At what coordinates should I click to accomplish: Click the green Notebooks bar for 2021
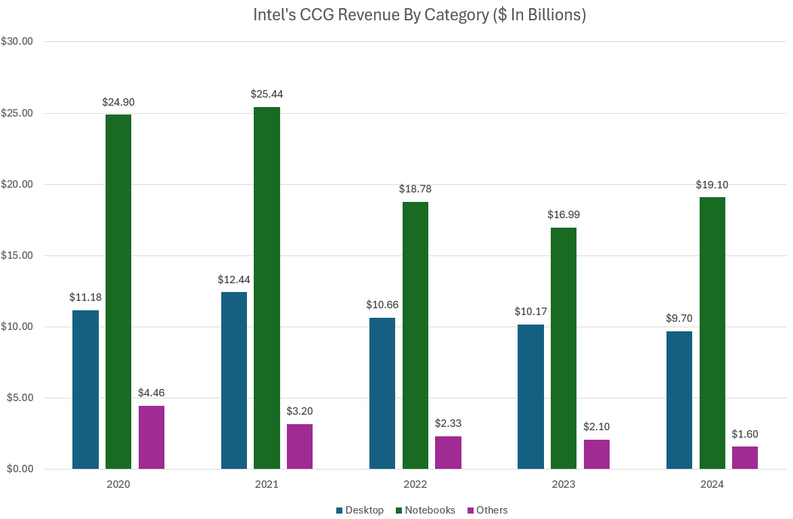tap(267, 288)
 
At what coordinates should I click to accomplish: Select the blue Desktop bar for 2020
tap(85, 390)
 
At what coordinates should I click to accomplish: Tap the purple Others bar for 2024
tap(745, 457)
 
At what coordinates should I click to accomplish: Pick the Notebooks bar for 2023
tap(564, 348)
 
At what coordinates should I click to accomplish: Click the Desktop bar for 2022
tap(382, 393)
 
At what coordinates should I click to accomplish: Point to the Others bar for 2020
tap(152, 437)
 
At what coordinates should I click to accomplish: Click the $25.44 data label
tap(267, 94)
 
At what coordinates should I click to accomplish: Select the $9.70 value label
tap(679, 318)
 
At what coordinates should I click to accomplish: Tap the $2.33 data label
tap(448, 423)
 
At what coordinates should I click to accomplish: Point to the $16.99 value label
tap(564, 215)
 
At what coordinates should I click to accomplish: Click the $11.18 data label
tap(85, 297)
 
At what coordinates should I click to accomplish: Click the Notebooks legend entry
tap(430, 510)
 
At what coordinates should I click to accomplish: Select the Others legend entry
tap(491, 510)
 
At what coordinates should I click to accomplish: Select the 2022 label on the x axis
tap(415, 485)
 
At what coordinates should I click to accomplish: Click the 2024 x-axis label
tap(712, 485)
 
